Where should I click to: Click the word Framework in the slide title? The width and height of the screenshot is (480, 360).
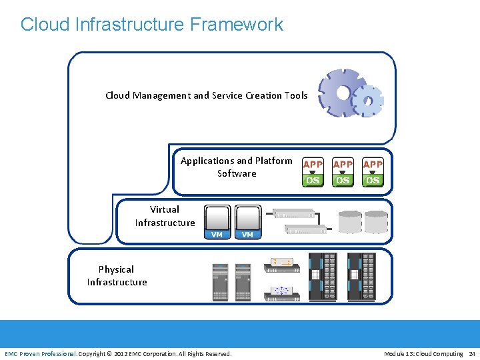point(236,25)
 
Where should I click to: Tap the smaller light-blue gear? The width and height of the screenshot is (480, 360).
point(367,101)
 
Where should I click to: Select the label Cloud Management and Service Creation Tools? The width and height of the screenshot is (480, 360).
point(206,95)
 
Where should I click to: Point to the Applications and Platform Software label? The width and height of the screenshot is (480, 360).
point(237,167)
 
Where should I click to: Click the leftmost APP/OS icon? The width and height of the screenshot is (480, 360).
point(313,173)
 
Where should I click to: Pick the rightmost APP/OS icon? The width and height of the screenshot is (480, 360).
point(373,173)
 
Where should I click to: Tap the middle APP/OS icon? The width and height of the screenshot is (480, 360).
point(343,173)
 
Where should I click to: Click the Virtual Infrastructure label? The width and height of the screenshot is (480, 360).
point(165,216)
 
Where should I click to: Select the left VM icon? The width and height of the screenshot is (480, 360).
point(217,221)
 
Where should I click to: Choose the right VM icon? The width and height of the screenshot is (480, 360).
point(247,221)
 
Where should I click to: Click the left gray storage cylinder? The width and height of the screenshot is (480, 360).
point(350,222)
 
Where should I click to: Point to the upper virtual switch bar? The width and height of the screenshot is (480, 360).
point(294,214)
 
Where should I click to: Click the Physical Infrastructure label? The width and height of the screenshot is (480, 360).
point(117,275)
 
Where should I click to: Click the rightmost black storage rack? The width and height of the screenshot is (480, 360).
point(361,276)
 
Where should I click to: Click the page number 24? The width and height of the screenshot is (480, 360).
point(472,353)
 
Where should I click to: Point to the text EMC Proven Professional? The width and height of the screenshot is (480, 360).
point(41,353)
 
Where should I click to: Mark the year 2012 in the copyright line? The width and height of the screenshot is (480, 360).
point(121,353)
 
